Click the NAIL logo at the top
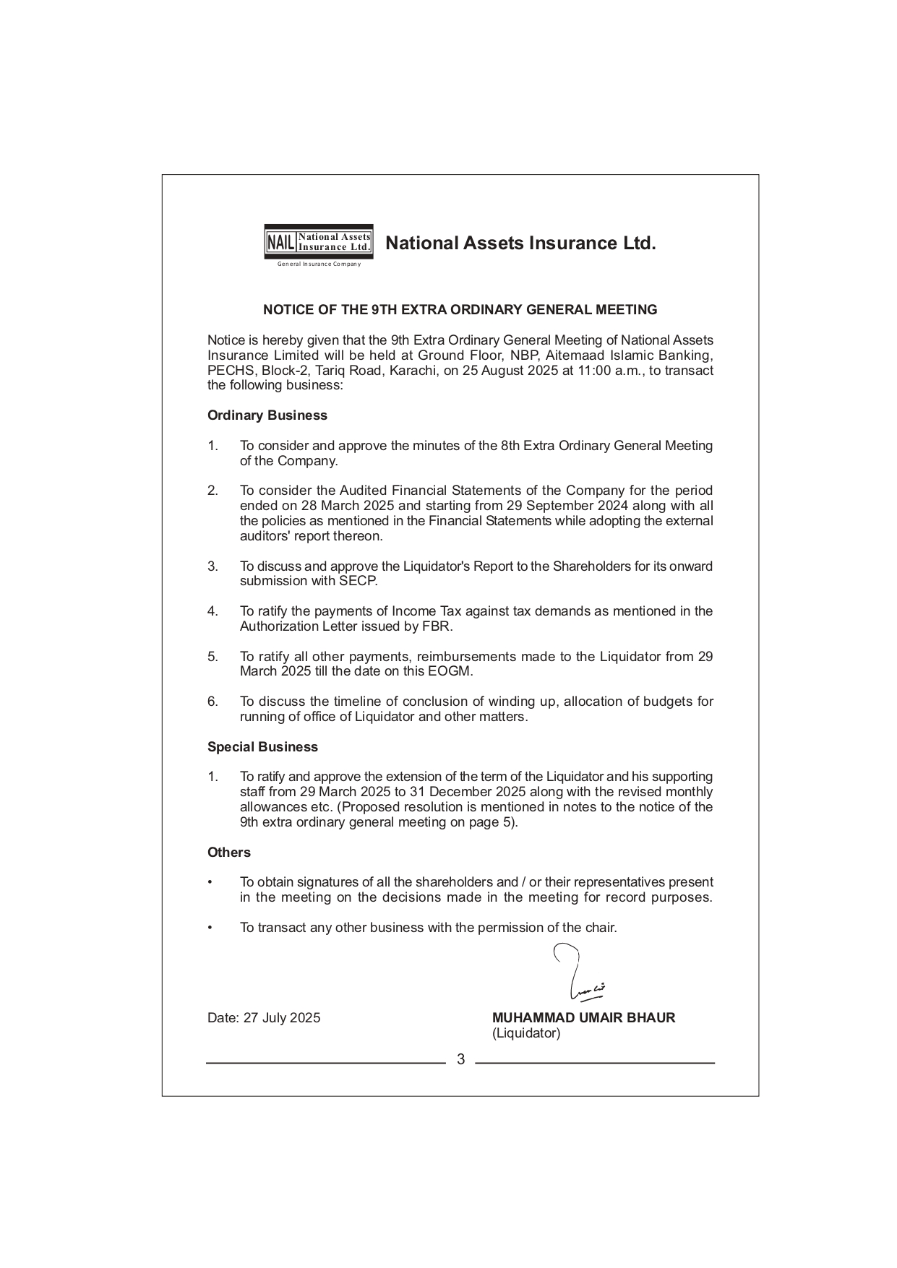point(319,241)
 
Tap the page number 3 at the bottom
point(460,1059)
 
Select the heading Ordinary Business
point(267,415)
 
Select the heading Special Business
point(262,747)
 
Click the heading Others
point(228,853)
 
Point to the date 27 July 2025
point(281,1018)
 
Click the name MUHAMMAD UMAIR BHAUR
point(583,1018)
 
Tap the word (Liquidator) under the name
point(525,1033)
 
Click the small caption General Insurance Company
point(319,264)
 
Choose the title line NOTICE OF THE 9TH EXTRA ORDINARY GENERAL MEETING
point(460,310)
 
